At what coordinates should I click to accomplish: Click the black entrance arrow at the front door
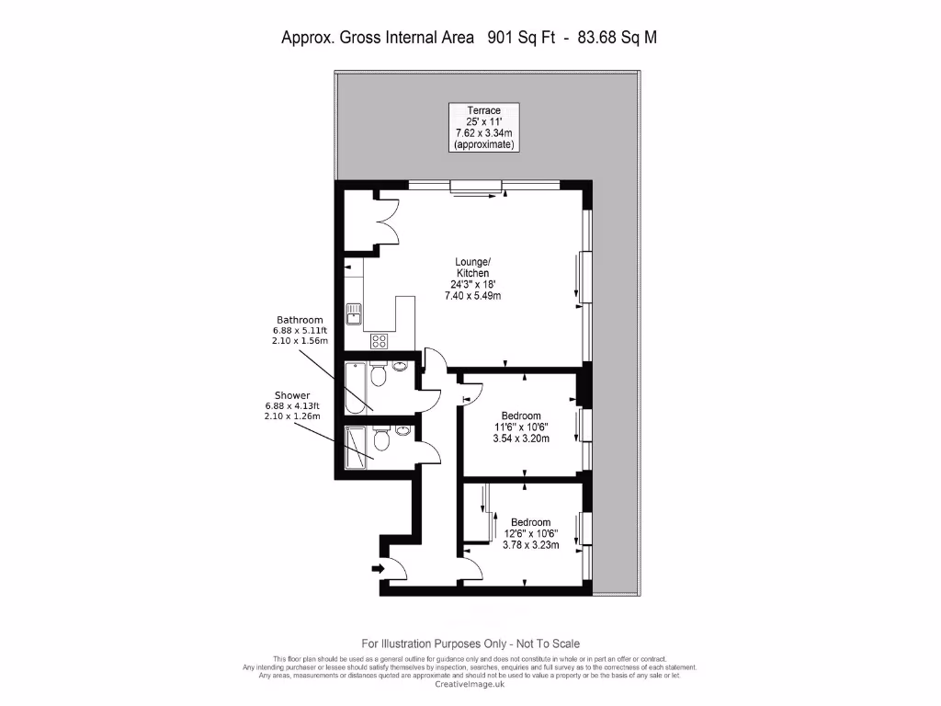[x=378, y=569]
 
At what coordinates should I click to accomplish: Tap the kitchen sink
[x=354, y=314]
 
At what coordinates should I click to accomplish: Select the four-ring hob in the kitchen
[x=379, y=341]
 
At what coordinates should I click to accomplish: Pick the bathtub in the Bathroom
[x=355, y=388]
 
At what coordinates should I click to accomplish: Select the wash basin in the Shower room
[x=402, y=429]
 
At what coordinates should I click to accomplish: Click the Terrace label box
[x=485, y=128]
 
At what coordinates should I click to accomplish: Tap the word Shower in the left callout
[x=291, y=394]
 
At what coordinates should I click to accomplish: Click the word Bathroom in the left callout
[x=300, y=320]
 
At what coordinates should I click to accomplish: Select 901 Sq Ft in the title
[x=517, y=38]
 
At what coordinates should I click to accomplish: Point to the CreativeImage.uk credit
[x=470, y=684]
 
